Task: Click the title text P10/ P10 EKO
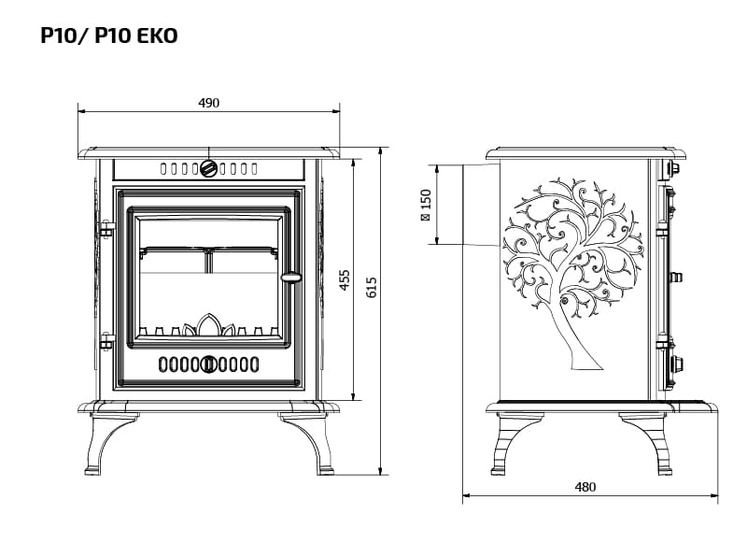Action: pos(109,36)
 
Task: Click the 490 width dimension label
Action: pos(208,103)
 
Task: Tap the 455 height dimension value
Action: pos(345,280)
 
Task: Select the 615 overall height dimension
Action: pos(372,287)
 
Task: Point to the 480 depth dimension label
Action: pos(585,487)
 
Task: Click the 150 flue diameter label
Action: pos(426,205)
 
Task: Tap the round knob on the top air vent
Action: pos(208,168)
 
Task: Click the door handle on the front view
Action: pos(291,278)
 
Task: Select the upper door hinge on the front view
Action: pos(106,229)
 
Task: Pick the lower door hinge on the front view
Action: pos(106,341)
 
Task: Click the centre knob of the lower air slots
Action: pos(209,364)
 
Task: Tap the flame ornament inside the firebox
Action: pos(208,325)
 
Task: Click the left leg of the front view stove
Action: pos(110,444)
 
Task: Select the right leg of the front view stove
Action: pos(306,444)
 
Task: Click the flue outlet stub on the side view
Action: pos(481,205)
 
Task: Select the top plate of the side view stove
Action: pos(586,153)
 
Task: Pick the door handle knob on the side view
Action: pos(675,277)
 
